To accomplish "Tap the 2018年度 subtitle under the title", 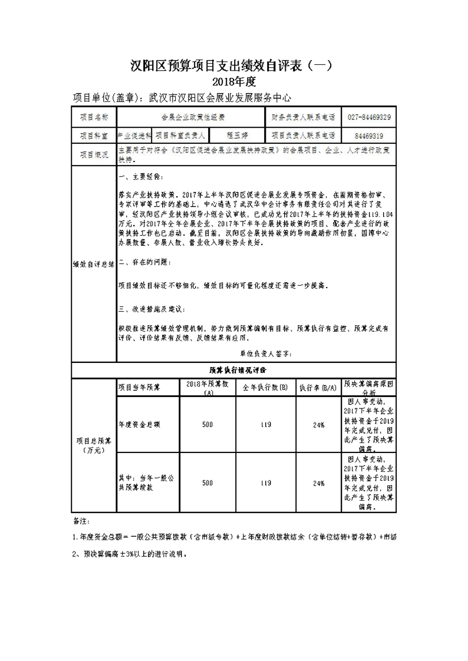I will [234, 81].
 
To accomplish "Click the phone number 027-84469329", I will [369, 117].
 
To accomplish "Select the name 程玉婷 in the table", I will [239, 135].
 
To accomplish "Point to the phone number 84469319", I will [369, 135].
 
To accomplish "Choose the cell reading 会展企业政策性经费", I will [193, 117].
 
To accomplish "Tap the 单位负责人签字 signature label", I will [266, 354].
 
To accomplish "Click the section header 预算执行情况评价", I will [234, 370].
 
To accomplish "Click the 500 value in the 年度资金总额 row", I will [207, 424].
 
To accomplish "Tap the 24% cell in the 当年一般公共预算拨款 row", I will [319, 483].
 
